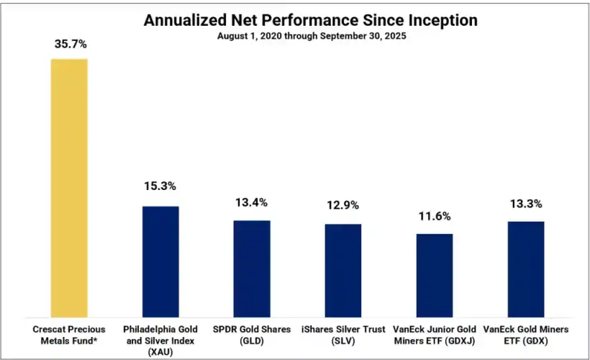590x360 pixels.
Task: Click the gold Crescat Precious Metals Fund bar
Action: (69, 187)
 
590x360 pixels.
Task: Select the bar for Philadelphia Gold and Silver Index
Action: (160, 261)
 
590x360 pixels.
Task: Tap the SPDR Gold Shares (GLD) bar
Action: (252, 268)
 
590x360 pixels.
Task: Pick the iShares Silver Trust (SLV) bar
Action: (343, 269)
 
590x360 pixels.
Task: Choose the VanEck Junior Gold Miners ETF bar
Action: (435, 274)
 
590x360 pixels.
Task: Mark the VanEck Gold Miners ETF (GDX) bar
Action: (526, 269)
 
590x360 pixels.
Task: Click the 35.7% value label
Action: (70, 44)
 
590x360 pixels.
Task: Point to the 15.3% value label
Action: (160, 186)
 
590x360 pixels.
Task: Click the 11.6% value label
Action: (435, 215)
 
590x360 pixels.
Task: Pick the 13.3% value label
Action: (526, 203)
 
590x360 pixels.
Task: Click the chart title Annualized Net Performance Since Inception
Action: (296, 20)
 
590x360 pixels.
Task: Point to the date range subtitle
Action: (296, 35)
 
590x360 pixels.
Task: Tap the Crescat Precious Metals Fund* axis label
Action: (69, 334)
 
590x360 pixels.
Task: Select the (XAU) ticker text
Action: (160, 351)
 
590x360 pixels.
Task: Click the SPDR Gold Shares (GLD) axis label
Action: (252, 334)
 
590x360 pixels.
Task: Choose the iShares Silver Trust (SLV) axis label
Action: (343, 334)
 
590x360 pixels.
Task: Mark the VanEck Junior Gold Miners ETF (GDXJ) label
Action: (435, 334)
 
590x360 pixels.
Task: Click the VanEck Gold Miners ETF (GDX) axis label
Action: (526, 334)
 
